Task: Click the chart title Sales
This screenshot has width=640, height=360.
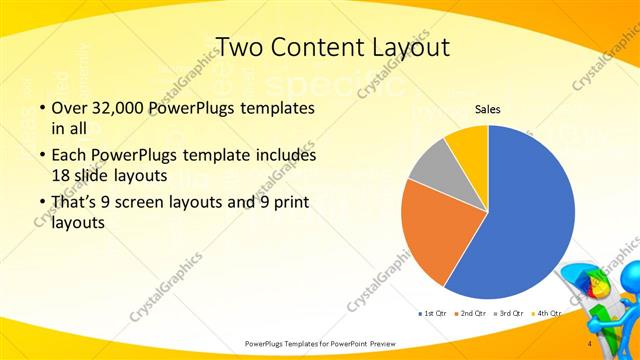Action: pos(487,109)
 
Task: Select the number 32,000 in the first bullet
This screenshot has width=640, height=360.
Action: pos(113,107)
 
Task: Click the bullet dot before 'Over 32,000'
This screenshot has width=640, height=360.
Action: pos(41,108)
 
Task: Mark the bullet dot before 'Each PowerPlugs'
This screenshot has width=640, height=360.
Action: pos(41,157)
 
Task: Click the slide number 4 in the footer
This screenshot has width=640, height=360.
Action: pos(590,343)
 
